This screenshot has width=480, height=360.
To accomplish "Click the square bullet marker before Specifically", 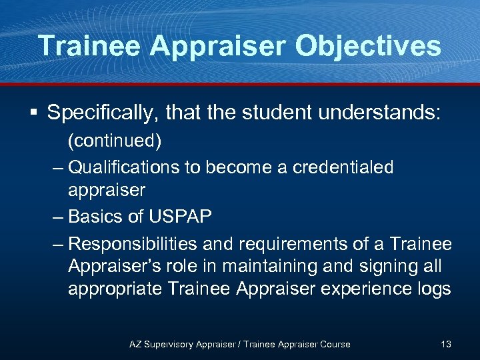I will (31, 112).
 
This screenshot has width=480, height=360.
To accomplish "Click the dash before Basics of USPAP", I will (59, 217).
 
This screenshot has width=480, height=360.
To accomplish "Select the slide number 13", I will (445, 344).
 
